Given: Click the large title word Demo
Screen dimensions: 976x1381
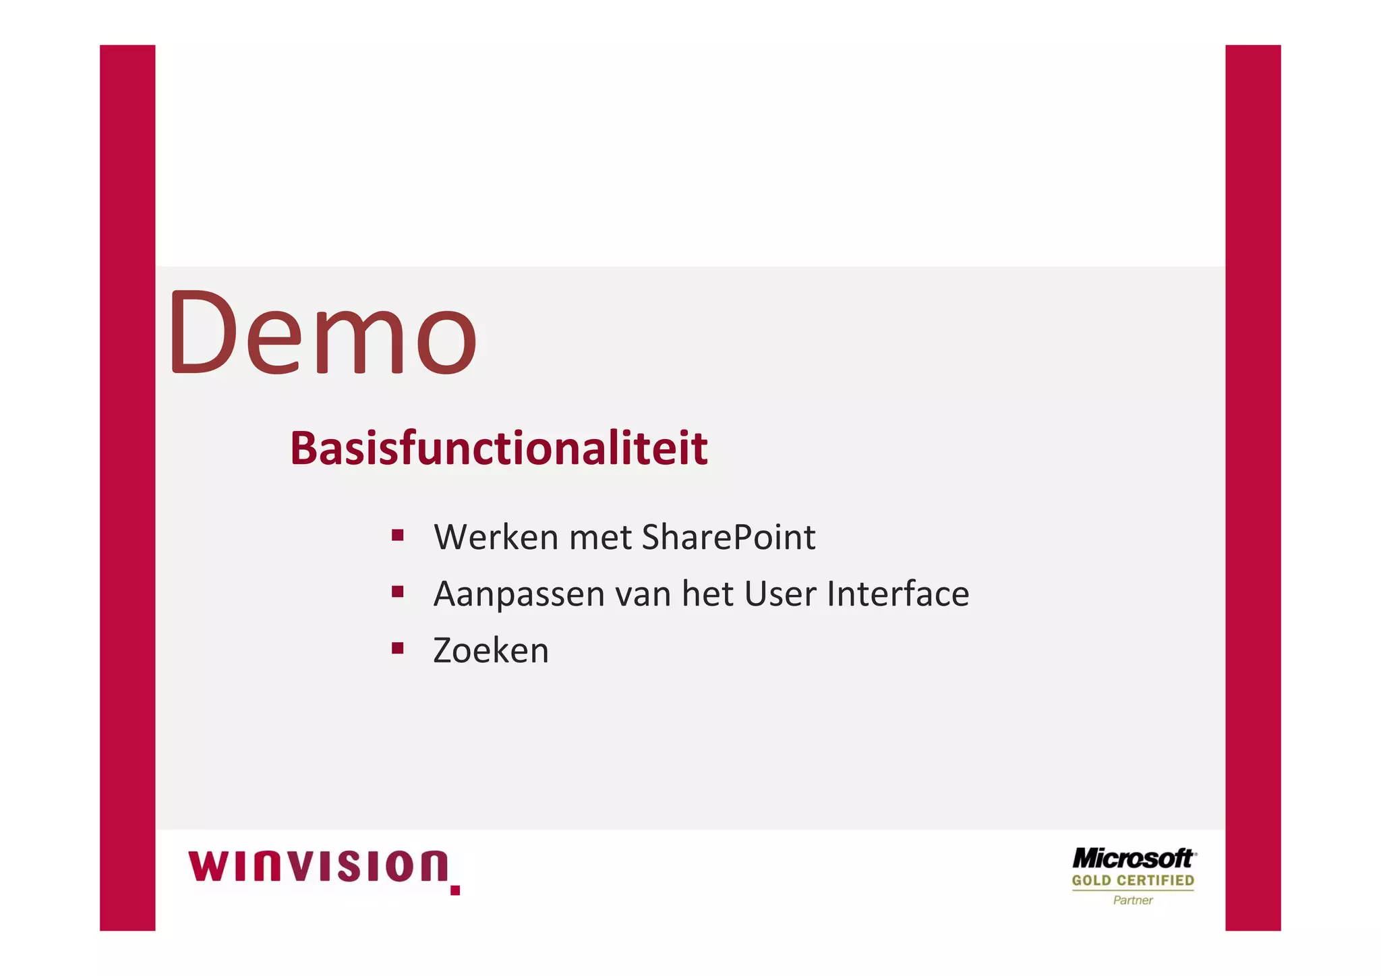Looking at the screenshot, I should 322,333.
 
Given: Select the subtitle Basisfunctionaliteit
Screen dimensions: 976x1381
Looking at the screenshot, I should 498,448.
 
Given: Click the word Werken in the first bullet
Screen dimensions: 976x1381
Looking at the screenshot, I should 495,538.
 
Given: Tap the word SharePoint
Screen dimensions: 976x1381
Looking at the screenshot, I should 728,538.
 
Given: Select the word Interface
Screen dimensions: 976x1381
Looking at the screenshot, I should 898,594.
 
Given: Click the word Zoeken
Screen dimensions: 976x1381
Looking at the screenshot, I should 491,651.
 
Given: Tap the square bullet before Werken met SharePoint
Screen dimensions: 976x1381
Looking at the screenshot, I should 397,536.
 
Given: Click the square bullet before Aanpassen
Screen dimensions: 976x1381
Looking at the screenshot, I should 397,592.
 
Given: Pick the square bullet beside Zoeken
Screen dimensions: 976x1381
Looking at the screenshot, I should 397,649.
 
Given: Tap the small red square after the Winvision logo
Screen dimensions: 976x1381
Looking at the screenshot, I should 455,890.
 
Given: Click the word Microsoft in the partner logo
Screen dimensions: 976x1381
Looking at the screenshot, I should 1132,859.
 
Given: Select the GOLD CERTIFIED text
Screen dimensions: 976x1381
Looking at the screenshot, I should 1133,880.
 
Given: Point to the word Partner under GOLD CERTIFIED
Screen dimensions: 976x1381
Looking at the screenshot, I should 1133,900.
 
